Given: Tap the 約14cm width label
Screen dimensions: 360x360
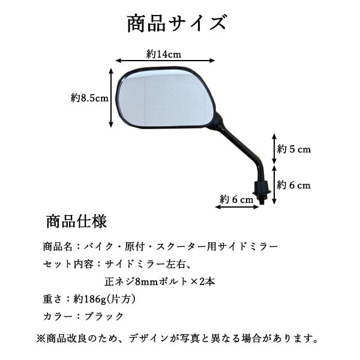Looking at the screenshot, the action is [164, 53].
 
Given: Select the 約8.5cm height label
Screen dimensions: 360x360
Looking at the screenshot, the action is [89, 98].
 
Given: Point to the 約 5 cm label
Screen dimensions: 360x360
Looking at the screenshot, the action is [294, 149].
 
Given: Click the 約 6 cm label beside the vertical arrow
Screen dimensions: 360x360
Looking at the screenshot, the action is [294, 185].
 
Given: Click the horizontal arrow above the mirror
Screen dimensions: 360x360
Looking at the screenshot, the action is [166, 61].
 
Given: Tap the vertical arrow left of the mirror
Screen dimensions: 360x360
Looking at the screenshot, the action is [112, 97].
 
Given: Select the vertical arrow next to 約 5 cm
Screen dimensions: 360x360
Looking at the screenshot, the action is [274, 148].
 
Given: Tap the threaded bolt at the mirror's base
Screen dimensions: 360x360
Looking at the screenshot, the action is [262, 192].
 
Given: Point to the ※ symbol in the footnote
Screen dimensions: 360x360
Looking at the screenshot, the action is [41, 338].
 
